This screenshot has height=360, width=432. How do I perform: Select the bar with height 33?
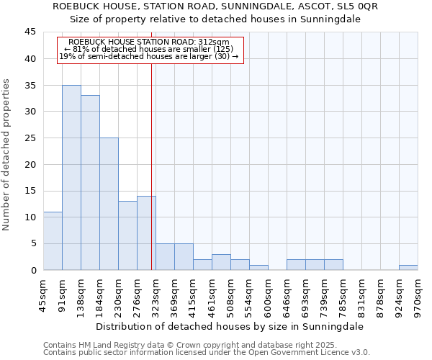pyautogui.click(x=90, y=183)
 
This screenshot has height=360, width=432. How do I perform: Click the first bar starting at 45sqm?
pyautogui.click(x=53, y=240)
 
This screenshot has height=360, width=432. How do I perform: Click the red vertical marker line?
pyautogui.click(x=151, y=166)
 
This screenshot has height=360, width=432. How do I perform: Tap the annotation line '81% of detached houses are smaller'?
pyautogui.click(x=150, y=49)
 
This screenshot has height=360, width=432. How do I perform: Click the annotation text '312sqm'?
pyautogui.click(x=215, y=42)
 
